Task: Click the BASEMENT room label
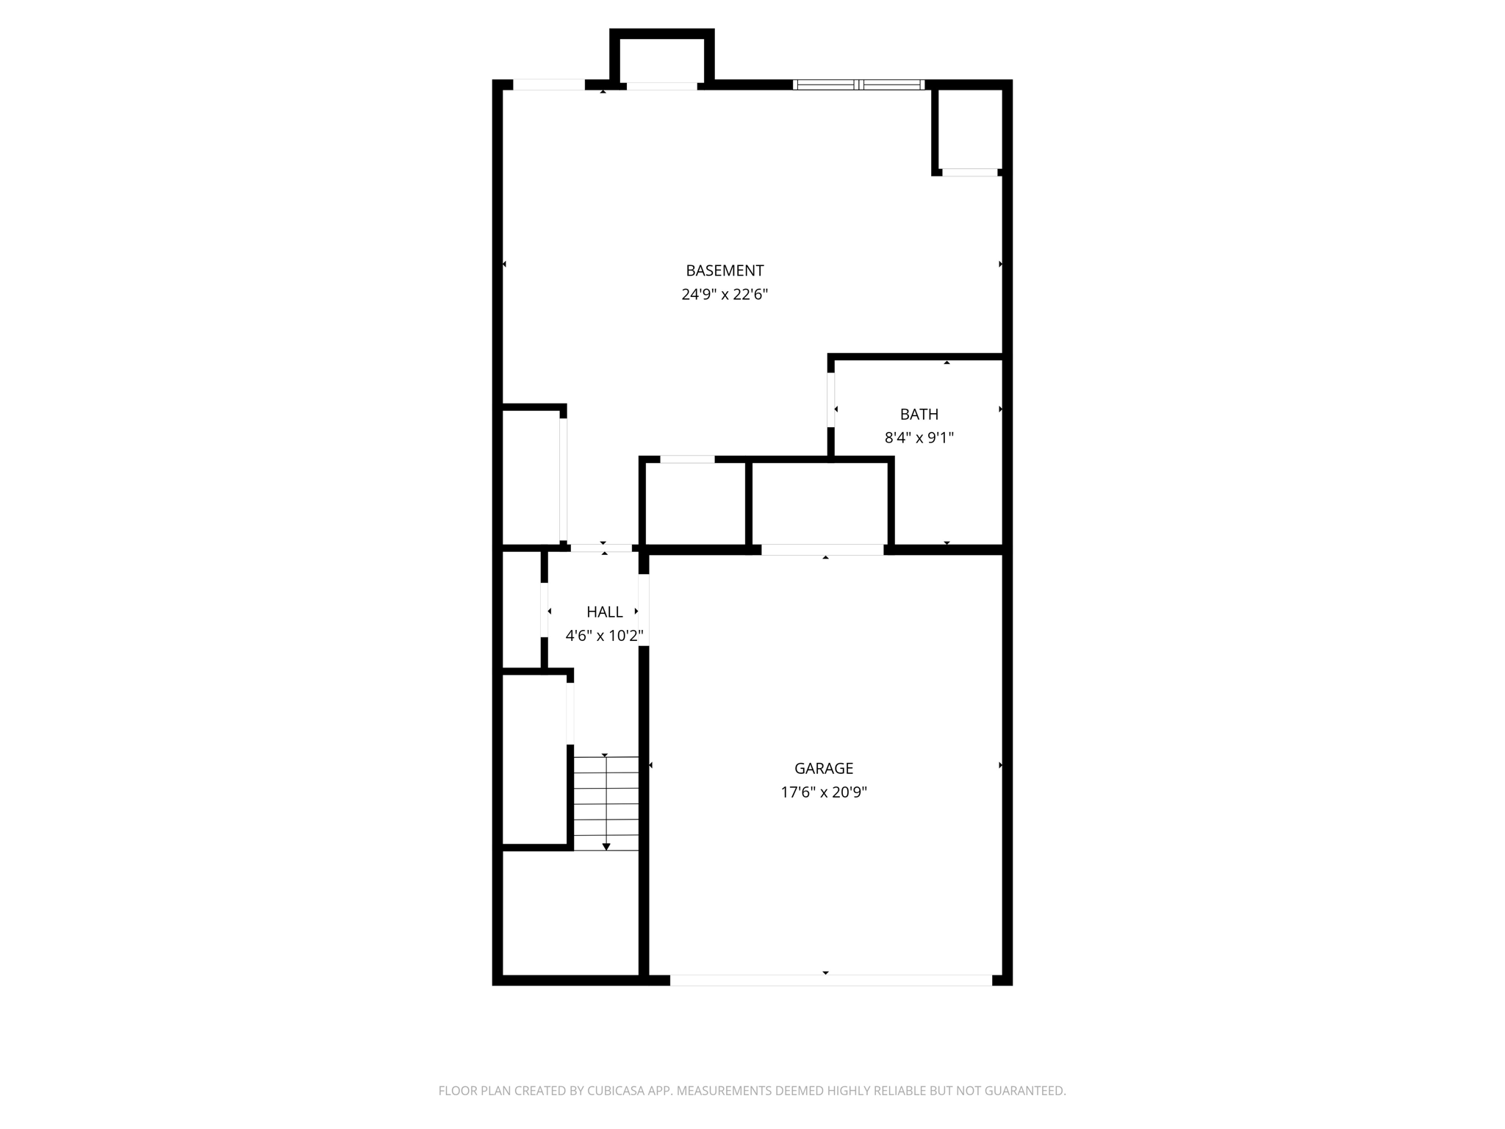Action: point(725,270)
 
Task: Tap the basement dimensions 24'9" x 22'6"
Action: point(725,295)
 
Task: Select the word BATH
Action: point(919,415)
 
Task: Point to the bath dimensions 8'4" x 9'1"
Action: point(919,438)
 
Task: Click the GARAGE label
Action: point(823,769)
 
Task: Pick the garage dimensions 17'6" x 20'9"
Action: point(823,792)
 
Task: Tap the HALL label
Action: point(604,612)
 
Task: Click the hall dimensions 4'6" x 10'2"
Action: point(604,636)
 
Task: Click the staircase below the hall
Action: point(606,803)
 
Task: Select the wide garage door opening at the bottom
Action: point(830,980)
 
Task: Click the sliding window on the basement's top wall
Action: point(858,85)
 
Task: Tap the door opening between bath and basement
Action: point(831,401)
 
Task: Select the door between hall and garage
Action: point(644,610)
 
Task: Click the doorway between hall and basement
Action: point(601,548)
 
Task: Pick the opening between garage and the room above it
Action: point(822,550)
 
